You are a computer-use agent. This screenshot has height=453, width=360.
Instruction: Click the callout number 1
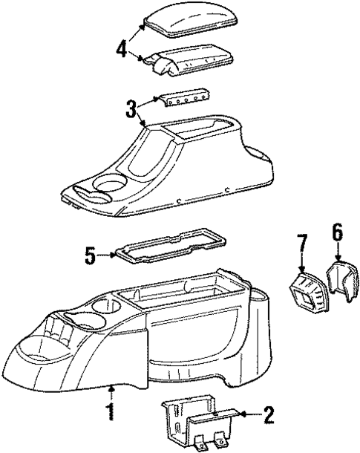coord(111,410)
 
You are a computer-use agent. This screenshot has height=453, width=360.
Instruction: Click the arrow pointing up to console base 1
coord(111,394)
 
